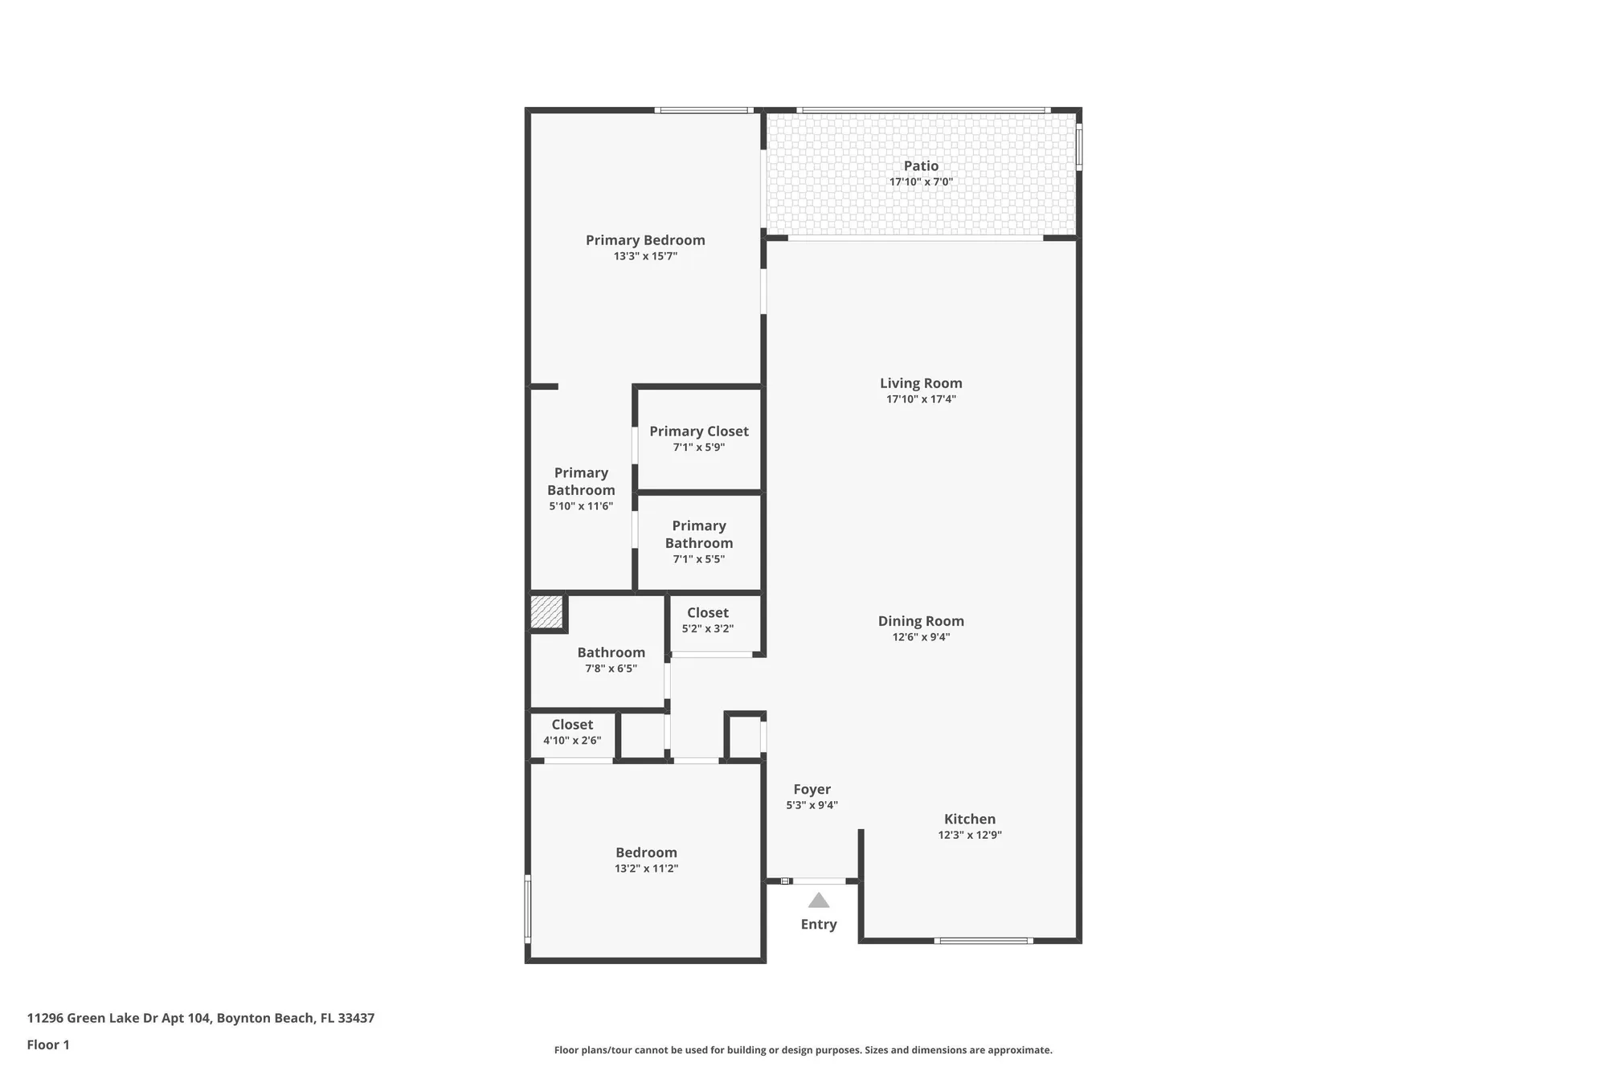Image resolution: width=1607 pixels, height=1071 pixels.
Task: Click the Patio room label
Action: (x=921, y=166)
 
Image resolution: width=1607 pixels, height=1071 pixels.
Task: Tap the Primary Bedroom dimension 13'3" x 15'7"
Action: (x=645, y=256)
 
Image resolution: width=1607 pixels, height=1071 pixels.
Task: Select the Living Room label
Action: (x=921, y=383)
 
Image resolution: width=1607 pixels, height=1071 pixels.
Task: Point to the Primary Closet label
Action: (x=698, y=431)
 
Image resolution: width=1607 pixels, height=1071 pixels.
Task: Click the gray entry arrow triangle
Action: (x=818, y=901)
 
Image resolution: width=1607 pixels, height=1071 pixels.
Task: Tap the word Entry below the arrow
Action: (x=818, y=924)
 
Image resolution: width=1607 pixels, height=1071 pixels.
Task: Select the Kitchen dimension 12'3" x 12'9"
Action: (x=969, y=835)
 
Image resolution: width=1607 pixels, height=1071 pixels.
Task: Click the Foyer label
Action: (x=812, y=789)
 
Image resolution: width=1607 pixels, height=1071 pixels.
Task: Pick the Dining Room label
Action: (x=921, y=621)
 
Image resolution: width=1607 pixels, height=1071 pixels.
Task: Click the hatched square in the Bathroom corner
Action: (x=546, y=612)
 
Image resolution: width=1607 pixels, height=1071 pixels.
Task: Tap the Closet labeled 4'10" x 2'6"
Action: (x=572, y=725)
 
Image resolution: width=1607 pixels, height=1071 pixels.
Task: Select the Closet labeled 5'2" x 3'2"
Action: (x=707, y=613)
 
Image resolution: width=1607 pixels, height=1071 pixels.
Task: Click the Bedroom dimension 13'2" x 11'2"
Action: (x=646, y=869)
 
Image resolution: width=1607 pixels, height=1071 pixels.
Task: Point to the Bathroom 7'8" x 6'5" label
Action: (x=611, y=652)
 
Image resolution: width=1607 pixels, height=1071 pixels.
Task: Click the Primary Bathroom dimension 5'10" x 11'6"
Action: (x=581, y=506)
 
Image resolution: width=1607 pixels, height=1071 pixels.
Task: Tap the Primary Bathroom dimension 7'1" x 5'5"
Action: (x=698, y=559)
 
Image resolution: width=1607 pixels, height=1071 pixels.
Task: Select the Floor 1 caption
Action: (x=48, y=1044)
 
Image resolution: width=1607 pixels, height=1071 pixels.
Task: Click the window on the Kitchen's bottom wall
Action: (x=983, y=940)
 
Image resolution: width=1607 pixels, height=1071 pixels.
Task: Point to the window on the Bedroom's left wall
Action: (x=528, y=908)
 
